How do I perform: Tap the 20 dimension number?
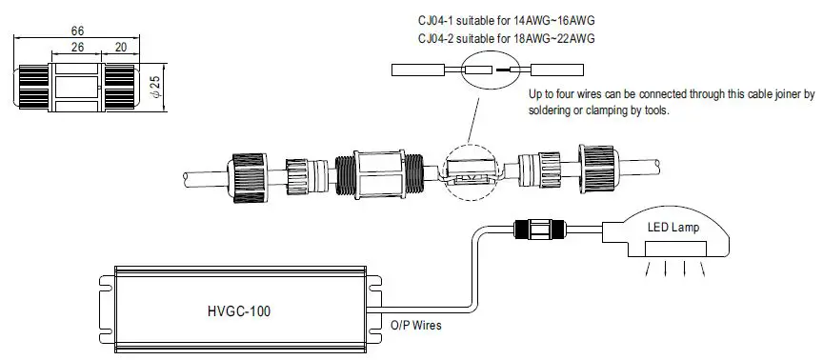[x=121, y=48]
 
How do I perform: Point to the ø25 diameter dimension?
[x=156, y=88]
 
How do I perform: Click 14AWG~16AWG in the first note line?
[x=552, y=20]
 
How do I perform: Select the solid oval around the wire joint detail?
[x=489, y=70]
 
